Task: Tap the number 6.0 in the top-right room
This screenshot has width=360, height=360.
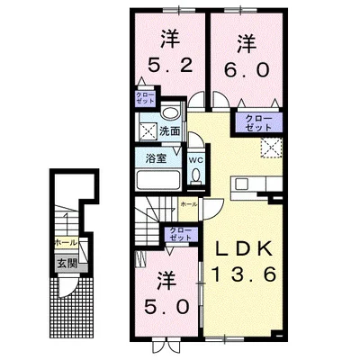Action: [245, 69]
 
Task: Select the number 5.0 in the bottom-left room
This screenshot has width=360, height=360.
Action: [167, 306]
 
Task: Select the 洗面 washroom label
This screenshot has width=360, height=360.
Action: [169, 130]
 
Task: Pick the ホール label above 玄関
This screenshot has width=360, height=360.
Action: [65, 244]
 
